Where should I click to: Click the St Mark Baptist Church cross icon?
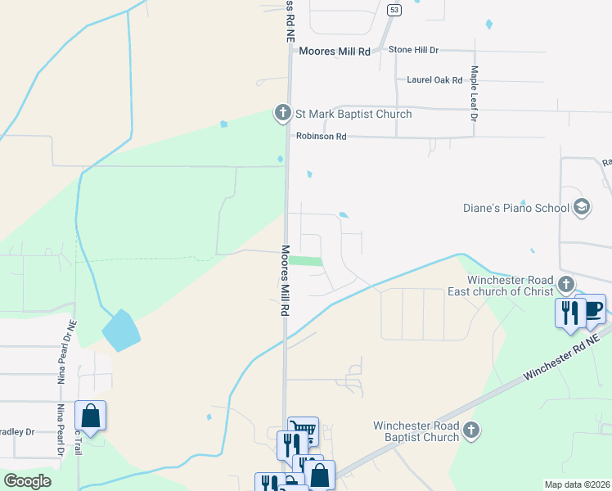[x=282, y=113]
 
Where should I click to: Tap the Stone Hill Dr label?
[x=413, y=50]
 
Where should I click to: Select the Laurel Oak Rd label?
[x=434, y=80]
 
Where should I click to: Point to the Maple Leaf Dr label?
[x=473, y=93]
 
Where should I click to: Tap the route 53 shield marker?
[x=395, y=10]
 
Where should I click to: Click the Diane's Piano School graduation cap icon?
[x=582, y=206]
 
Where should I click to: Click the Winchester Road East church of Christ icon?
[x=565, y=286]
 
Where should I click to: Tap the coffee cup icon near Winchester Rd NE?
[x=593, y=309]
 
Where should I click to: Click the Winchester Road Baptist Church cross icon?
[x=470, y=430]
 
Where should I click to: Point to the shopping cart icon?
[x=304, y=430]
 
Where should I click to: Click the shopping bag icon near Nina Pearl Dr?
[x=91, y=415]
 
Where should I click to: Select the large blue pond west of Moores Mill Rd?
[x=120, y=331]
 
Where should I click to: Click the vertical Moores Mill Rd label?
[x=286, y=281]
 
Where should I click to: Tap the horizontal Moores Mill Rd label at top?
[x=334, y=51]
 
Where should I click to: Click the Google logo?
[x=27, y=481]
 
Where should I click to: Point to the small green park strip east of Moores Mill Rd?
[x=305, y=261]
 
